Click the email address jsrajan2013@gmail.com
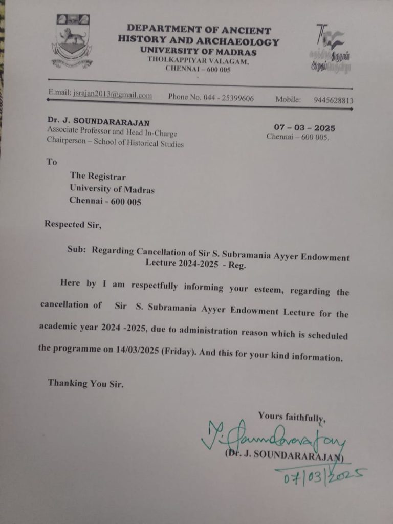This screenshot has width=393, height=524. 112,95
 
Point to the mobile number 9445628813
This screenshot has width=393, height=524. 333,101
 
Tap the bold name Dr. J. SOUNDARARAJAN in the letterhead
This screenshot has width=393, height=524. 98,121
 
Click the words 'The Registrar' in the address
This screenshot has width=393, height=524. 98,177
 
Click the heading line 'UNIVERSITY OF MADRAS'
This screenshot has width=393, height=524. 198,52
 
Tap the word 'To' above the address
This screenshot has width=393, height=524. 52,162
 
